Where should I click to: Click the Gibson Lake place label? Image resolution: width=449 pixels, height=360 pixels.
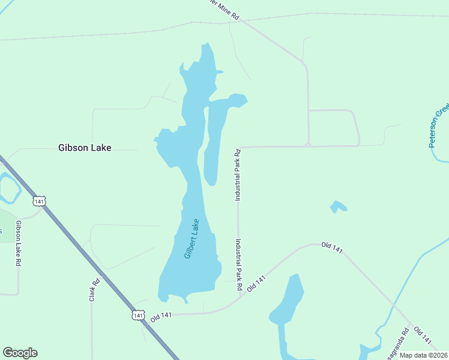coord(85,147)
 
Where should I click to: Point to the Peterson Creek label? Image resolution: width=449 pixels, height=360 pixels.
coord(439,124)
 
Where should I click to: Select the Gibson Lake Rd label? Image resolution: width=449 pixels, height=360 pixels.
coord(19,244)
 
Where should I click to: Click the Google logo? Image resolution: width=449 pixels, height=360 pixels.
coord(20,353)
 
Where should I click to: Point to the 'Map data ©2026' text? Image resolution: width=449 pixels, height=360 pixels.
coord(424,355)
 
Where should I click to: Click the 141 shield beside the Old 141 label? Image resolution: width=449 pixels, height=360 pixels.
coord(138,314)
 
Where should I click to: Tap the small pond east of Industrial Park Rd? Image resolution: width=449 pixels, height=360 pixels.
coord(339,207)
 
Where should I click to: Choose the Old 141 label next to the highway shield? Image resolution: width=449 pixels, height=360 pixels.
coord(161,317)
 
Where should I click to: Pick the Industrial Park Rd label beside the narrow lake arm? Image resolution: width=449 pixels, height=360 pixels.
coord(238,174)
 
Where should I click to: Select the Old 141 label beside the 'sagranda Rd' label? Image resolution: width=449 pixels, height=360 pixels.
coord(423,336)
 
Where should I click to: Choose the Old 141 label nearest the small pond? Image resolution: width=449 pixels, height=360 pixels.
coord(331,247)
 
